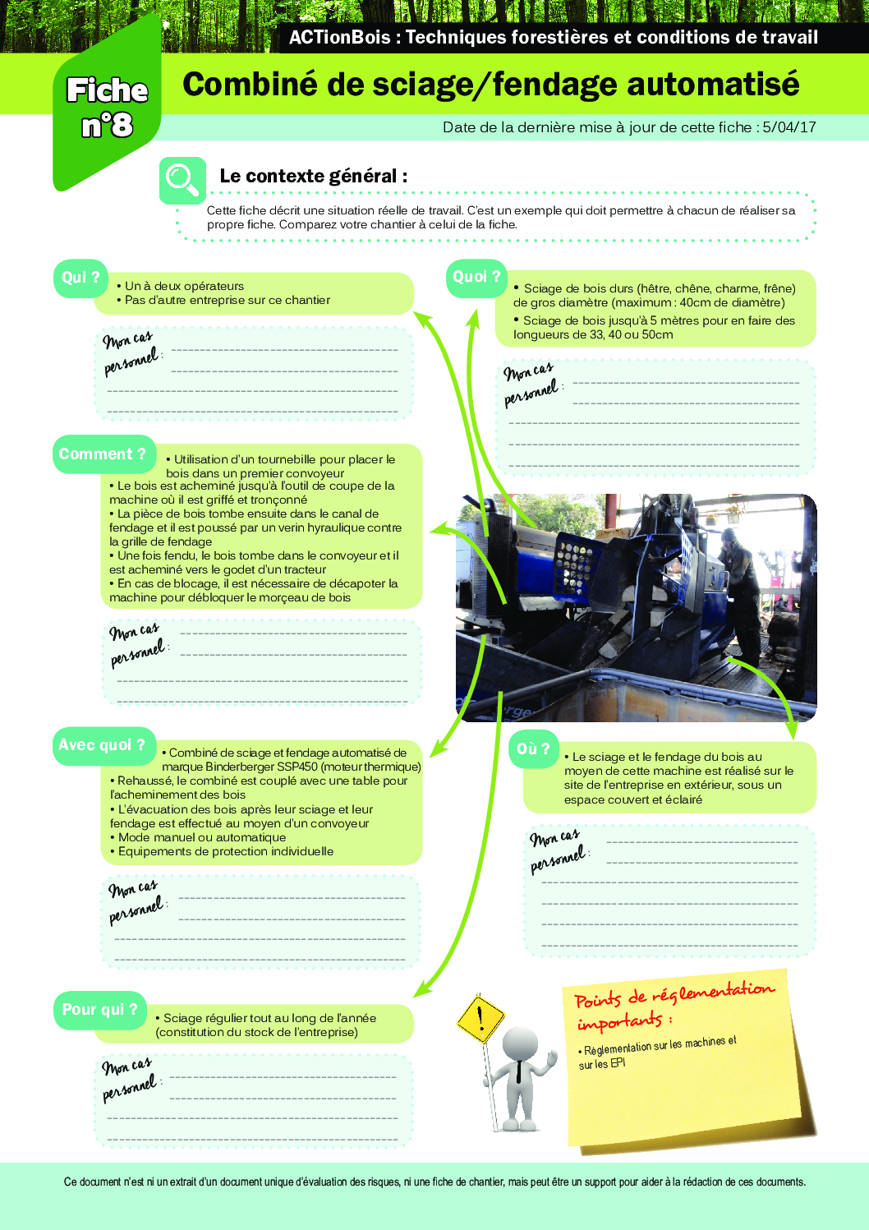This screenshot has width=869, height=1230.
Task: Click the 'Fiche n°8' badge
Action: coord(107,108)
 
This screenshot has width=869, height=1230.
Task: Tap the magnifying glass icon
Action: coord(182,179)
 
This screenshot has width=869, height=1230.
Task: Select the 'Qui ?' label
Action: coord(80,278)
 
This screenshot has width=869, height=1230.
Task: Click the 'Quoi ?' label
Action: coord(476,277)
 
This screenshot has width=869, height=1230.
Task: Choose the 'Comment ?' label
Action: coord(103,454)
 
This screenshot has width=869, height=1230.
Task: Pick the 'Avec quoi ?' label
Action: coord(102,745)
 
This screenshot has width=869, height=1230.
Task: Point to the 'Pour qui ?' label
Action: coord(100,1010)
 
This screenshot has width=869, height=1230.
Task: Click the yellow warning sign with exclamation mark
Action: coord(480,1019)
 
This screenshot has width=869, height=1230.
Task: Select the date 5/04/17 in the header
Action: coord(789,127)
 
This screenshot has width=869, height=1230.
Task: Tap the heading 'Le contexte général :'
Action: coord(314,176)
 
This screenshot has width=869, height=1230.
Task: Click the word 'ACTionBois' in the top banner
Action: coord(340,37)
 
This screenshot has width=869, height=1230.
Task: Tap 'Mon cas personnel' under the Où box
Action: coord(559,850)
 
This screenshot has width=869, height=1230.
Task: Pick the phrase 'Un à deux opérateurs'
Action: coord(184,286)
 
